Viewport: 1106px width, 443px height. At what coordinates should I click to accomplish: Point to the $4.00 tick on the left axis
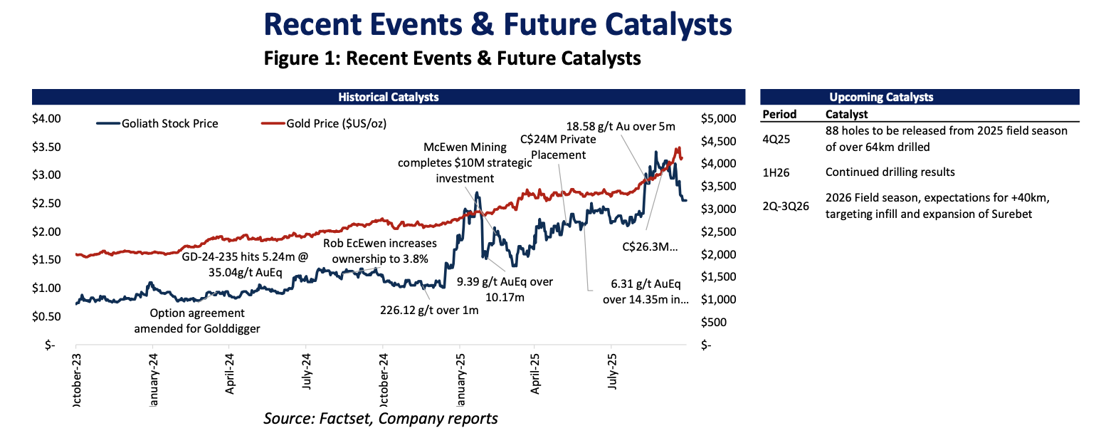(48, 118)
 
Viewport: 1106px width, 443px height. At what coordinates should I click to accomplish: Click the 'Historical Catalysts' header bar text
(388, 97)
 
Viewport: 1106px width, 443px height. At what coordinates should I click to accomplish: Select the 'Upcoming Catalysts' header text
(881, 98)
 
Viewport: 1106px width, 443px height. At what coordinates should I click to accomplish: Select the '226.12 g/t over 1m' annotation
(428, 310)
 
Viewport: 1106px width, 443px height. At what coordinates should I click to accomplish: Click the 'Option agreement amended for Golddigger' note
(196, 320)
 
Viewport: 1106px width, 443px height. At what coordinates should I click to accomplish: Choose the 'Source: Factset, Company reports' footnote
(380, 418)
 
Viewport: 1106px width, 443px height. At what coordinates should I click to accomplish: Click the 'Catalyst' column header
(846, 114)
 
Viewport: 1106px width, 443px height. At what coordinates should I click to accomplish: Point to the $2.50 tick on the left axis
(48, 204)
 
